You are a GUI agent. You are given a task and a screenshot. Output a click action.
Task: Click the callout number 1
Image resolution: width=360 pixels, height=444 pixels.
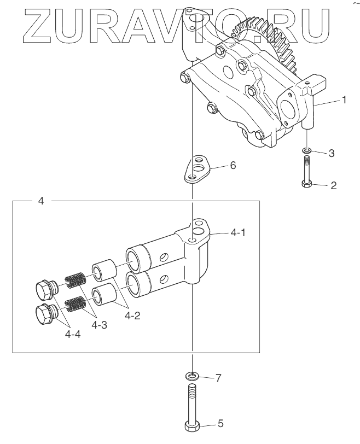tap(344, 100)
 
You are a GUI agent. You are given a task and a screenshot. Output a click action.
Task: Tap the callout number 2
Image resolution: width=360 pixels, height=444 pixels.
tap(333, 185)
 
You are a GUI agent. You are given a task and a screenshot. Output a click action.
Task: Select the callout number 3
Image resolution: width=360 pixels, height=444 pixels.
tap(332, 153)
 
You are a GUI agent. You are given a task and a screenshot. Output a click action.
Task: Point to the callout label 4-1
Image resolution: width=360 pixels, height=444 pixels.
tap(238, 233)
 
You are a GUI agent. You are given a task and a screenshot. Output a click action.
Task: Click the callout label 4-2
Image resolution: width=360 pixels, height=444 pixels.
tap(132, 316)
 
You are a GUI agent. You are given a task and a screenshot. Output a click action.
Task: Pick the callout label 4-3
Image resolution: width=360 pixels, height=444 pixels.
tap(100, 325)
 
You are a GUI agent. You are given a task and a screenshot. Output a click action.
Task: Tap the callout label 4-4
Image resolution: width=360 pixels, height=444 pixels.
tap(73, 335)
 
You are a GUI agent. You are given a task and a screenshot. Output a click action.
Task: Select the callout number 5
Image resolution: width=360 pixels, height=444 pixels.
tap(220, 424)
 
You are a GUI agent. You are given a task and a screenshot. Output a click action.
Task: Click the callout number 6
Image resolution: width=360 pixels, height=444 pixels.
tap(233, 165)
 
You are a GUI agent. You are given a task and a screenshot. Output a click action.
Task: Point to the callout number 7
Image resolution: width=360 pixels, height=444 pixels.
tap(218, 378)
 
